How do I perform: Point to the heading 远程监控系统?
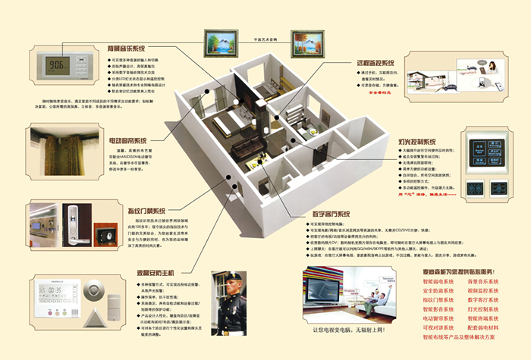pos(377,63)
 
